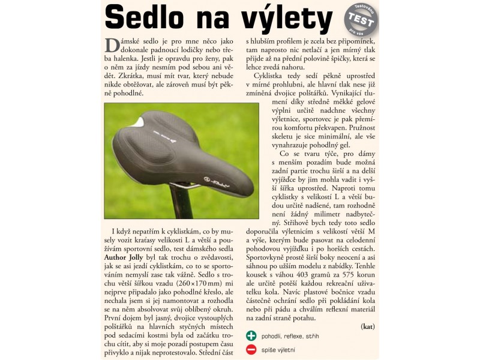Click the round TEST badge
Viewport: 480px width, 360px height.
coord(361,19)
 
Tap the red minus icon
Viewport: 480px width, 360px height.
coord(252,349)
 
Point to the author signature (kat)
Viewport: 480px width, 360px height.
coord(368,326)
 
